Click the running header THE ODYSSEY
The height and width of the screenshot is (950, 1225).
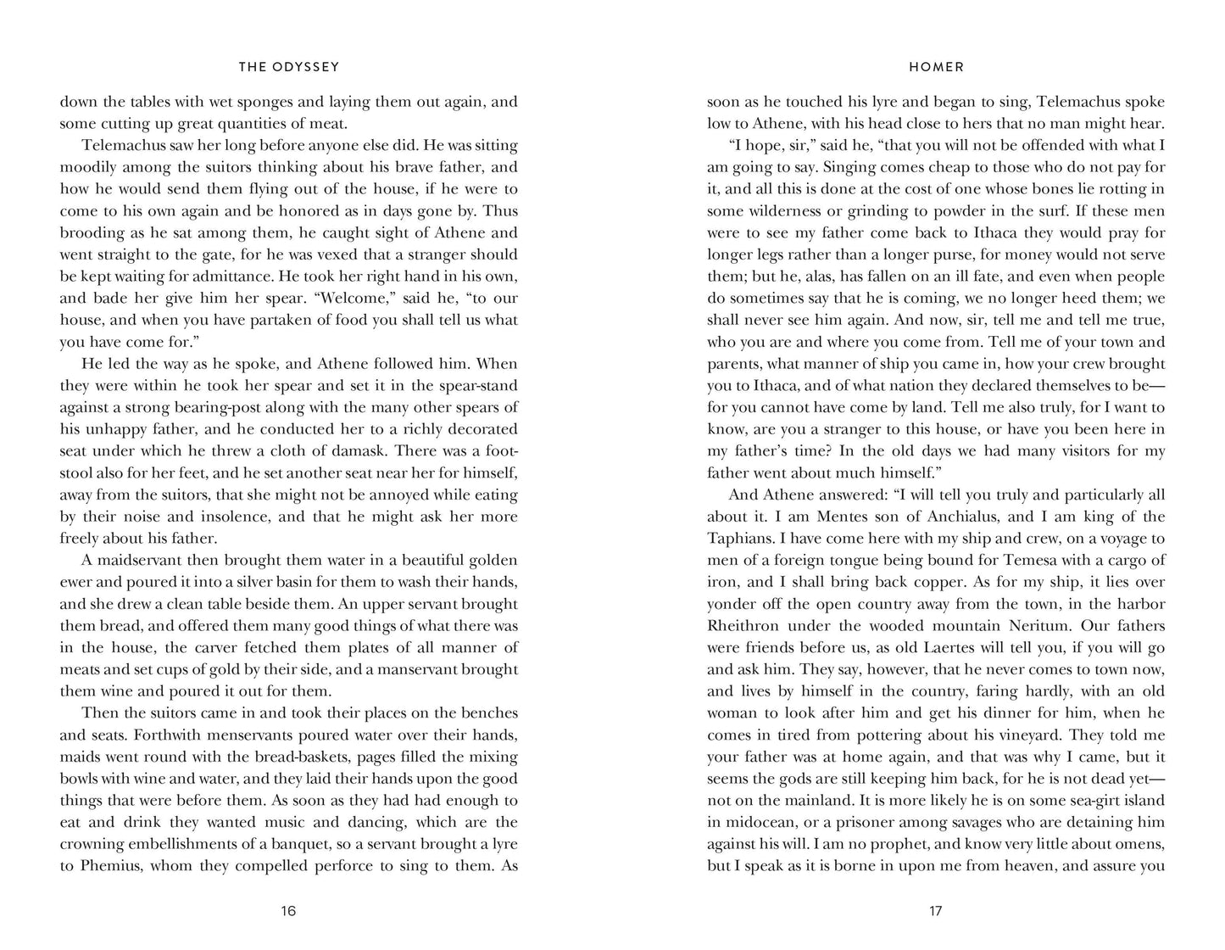(x=288, y=67)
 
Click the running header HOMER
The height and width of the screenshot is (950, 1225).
(x=936, y=67)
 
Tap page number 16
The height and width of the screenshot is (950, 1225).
(x=288, y=912)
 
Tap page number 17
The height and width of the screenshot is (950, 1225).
(x=936, y=912)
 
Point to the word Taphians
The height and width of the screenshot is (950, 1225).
(x=739, y=539)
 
